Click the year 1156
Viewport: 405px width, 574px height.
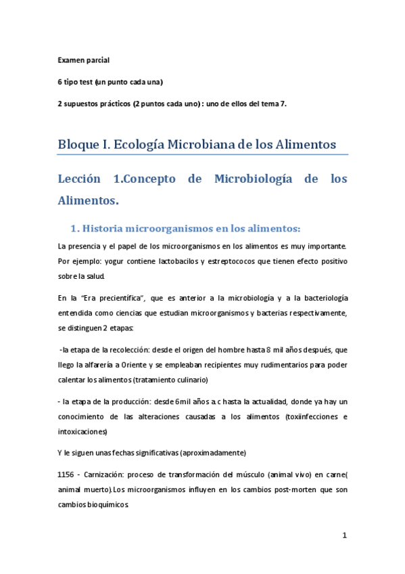coord(68,473)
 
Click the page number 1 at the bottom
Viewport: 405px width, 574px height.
coord(344,535)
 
